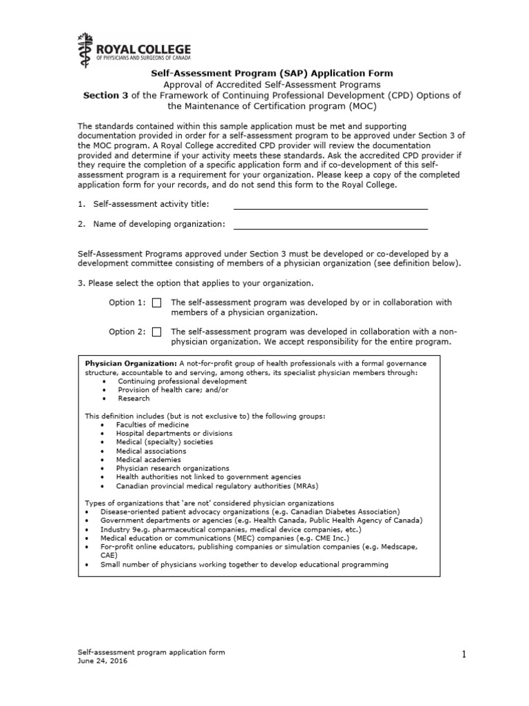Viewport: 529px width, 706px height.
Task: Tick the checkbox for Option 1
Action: (x=157, y=303)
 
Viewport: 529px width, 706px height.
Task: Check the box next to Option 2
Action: (x=157, y=332)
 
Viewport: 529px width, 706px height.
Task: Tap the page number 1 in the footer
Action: (x=464, y=656)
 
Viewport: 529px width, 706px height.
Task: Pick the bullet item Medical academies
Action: (x=148, y=459)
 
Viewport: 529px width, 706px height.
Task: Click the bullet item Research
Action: (x=133, y=399)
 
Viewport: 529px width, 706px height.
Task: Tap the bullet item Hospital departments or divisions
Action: (x=174, y=434)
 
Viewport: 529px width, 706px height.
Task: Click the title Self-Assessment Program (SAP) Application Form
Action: (x=272, y=72)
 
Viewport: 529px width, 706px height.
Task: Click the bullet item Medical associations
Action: (x=151, y=451)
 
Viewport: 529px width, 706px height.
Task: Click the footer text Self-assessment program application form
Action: (x=150, y=652)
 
